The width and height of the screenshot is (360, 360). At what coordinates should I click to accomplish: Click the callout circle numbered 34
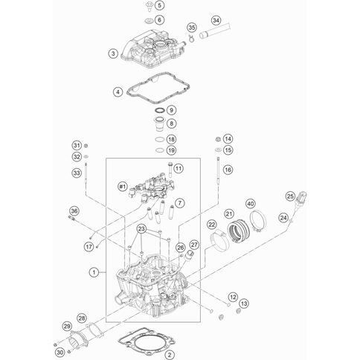216,20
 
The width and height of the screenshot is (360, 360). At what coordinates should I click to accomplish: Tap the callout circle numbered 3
113,54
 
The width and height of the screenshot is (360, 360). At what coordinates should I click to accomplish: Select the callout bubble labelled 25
290,196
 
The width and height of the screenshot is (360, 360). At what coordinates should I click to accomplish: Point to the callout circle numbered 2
170,355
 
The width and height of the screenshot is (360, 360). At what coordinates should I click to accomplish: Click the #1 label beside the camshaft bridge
122,187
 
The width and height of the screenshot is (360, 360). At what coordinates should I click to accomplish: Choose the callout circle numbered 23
141,228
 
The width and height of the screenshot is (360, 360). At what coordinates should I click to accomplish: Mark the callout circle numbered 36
74,211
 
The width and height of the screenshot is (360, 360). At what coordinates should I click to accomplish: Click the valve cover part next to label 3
153,49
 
